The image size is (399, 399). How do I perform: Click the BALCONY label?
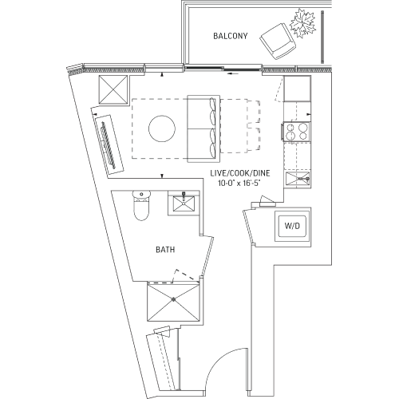pos(232,36)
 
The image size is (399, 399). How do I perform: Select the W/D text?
pos(293,227)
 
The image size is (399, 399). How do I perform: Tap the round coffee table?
pos(164,128)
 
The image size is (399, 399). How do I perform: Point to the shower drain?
pos(173,299)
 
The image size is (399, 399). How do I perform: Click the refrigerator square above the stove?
pos(297,89)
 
